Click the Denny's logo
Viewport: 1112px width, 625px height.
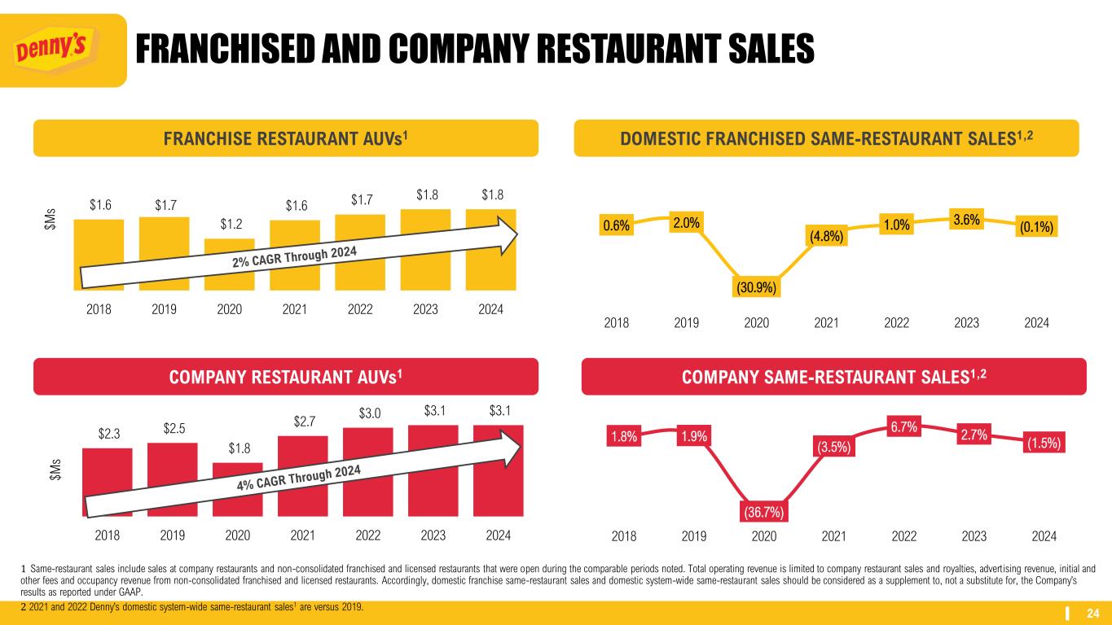[63, 50]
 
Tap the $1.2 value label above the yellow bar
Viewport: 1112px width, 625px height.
[229, 225]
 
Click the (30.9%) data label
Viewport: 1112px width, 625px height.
[757, 287]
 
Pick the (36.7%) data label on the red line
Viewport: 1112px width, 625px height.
[763, 512]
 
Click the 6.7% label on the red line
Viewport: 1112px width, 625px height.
[904, 426]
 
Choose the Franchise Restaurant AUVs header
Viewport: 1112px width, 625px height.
[285, 138]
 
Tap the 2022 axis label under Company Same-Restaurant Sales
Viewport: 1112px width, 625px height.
[904, 536]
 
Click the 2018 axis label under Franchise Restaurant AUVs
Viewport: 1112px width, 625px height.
[99, 309]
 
